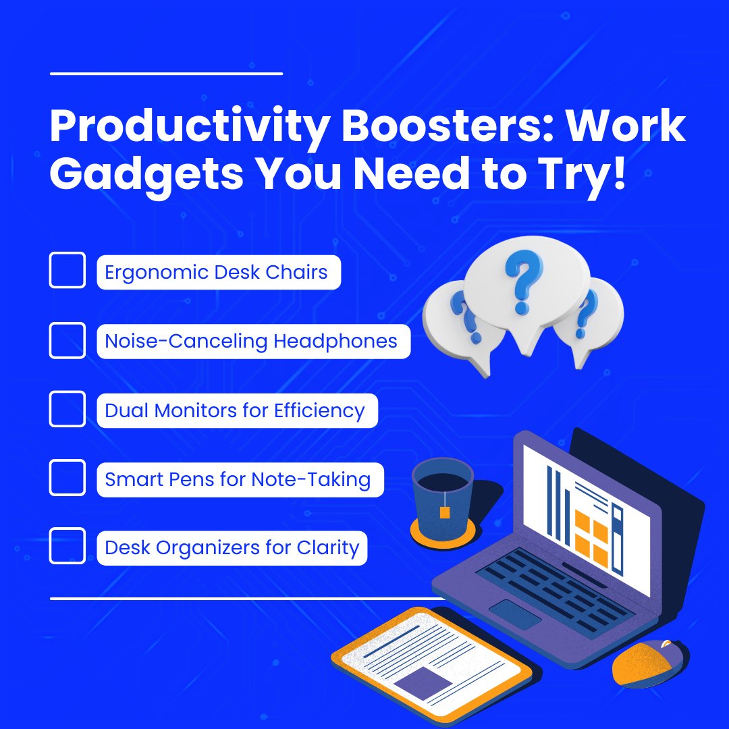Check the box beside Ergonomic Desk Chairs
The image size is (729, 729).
pyautogui.click(x=67, y=270)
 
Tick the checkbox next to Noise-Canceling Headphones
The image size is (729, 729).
pyautogui.click(x=67, y=340)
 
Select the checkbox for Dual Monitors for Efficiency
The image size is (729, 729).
pyautogui.click(x=67, y=409)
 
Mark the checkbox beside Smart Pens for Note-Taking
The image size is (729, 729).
pyautogui.click(x=67, y=478)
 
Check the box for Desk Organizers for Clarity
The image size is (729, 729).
pyautogui.click(x=67, y=546)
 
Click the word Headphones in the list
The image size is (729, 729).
pyautogui.click(x=335, y=341)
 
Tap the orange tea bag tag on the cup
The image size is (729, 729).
pyautogui.click(x=444, y=512)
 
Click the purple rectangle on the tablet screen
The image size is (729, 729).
pyautogui.click(x=423, y=682)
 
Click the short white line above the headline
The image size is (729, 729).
pyautogui.click(x=166, y=73)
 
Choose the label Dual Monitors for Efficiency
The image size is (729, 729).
pyautogui.click(x=235, y=410)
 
